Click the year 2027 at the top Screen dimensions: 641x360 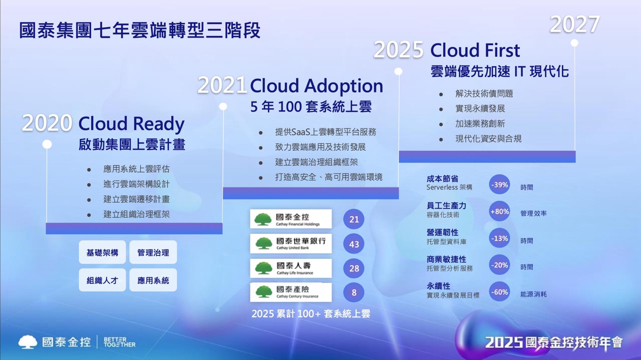pyautogui.click(x=574, y=25)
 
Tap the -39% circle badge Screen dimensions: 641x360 pyautogui.click(x=499, y=185)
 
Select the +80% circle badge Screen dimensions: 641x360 pyautogui.click(x=499, y=211)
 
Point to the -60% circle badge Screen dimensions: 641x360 pyautogui.click(x=499, y=292)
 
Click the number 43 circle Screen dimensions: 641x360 pyautogui.click(x=354, y=244)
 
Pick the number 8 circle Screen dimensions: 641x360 pyautogui.click(x=354, y=292)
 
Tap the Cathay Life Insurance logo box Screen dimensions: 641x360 pyautogui.click(x=291, y=268)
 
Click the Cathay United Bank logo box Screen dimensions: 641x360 pyautogui.click(x=291, y=243)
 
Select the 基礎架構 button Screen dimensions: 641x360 pyautogui.click(x=102, y=252)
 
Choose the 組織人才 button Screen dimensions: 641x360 pyautogui.click(x=102, y=280)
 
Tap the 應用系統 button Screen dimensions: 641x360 pyautogui.click(x=153, y=280)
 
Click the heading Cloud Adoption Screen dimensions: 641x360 pyautogui.click(x=316, y=86)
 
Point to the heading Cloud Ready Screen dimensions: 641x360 pyautogui.click(x=131, y=124)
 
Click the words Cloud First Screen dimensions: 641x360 pyautogui.click(x=475, y=51)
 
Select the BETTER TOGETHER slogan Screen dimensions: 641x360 pyautogui.click(x=119, y=342)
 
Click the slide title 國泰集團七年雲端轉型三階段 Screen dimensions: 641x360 pyautogui.click(x=140, y=30)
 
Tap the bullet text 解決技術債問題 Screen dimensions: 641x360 pyautogui.click(x=484, y=94)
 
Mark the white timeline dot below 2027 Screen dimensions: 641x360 pyautogui.click(x=574, y=43)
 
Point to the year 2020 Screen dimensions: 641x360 pyautogui.click(x=47, y=123)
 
